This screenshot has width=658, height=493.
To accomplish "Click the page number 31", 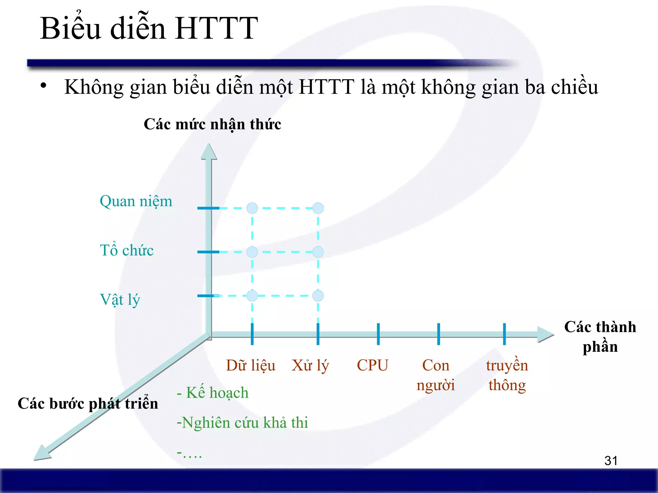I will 611,461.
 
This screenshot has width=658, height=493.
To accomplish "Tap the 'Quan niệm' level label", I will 136,202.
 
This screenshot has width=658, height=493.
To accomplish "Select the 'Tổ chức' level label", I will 127,250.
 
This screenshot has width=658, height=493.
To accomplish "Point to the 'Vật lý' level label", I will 120,300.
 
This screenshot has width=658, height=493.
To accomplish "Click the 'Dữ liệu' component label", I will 251,365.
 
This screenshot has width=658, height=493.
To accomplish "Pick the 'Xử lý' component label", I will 310,365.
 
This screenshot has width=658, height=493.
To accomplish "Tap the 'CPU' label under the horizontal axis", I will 372,365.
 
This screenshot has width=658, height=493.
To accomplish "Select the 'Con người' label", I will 436,375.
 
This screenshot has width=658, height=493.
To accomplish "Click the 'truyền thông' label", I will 507,375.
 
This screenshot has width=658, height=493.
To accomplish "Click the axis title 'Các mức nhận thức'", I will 212,124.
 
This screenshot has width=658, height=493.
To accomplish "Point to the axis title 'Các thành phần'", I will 600,336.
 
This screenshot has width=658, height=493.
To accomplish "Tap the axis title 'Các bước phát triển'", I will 88,403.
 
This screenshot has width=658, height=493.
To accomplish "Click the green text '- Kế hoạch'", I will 213,393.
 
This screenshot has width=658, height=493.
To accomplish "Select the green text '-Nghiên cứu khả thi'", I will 242,422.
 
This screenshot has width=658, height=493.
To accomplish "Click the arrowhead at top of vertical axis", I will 209,151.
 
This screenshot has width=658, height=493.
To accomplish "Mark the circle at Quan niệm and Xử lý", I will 318,208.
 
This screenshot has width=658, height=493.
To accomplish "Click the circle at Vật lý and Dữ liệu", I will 252,296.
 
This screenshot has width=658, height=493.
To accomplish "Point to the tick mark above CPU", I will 378,334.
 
